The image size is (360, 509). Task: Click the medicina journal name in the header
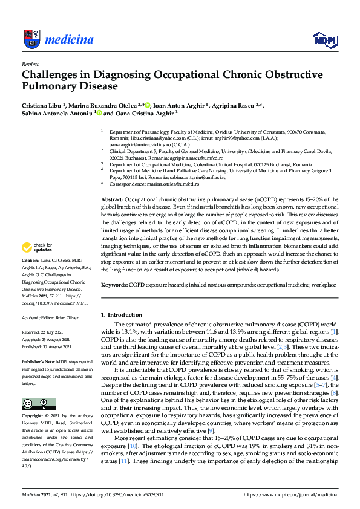[69, 41]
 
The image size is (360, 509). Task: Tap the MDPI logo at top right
[324, 40]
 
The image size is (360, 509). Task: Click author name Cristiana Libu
[42, 104]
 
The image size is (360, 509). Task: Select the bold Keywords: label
[115, 284]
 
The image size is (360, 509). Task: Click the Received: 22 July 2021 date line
[45, 332]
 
